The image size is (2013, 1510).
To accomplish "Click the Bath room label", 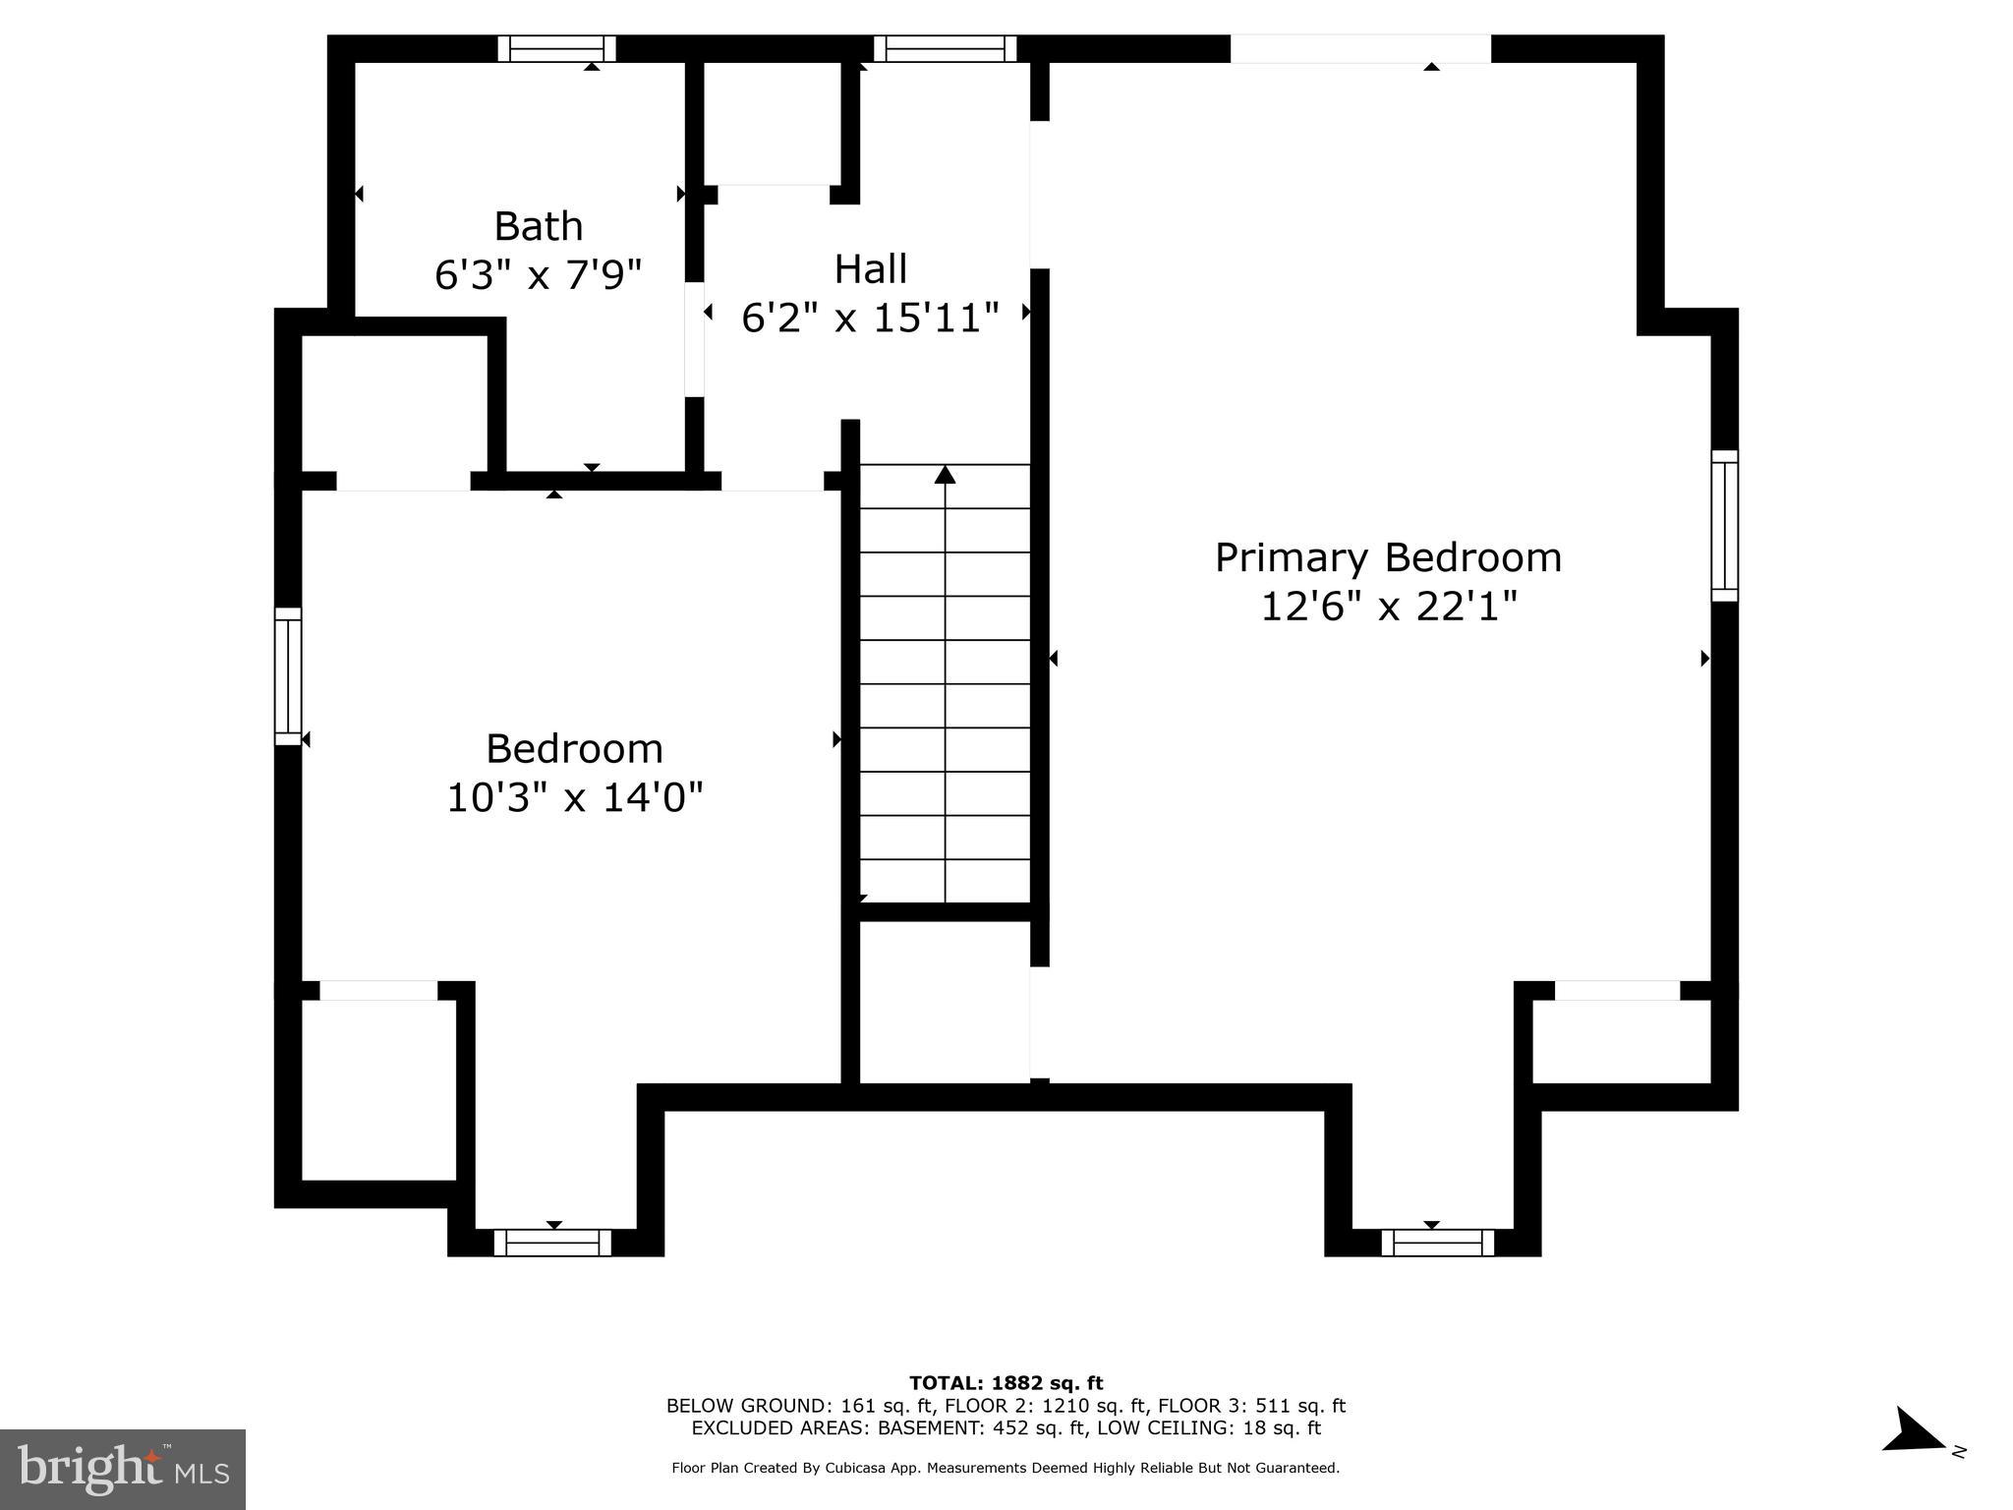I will [538, 226].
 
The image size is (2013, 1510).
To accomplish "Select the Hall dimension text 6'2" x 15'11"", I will [870, 318].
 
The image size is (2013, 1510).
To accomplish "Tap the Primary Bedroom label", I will [1388, 557].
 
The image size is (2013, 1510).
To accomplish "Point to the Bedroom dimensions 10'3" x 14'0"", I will [575, 797].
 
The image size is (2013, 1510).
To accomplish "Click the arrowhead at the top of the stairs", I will [945, 475].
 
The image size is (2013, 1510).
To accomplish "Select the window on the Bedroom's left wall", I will [287, 675].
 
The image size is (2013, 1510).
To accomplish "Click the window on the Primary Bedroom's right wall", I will [1724, 526].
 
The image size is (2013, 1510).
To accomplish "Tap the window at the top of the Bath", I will [556, 48].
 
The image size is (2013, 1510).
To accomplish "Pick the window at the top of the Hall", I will [945, 48].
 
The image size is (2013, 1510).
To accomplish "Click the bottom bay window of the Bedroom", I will [552, 1243].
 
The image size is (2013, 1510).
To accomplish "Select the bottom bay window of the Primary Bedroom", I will [1437, 1243].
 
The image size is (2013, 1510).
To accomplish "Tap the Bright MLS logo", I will [123, 1469].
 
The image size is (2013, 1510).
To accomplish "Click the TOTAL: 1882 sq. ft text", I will [1006, 1383].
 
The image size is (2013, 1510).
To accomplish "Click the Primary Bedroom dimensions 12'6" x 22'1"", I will [1388, 607].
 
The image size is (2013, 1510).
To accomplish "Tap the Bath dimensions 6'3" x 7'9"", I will [538, 275].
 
